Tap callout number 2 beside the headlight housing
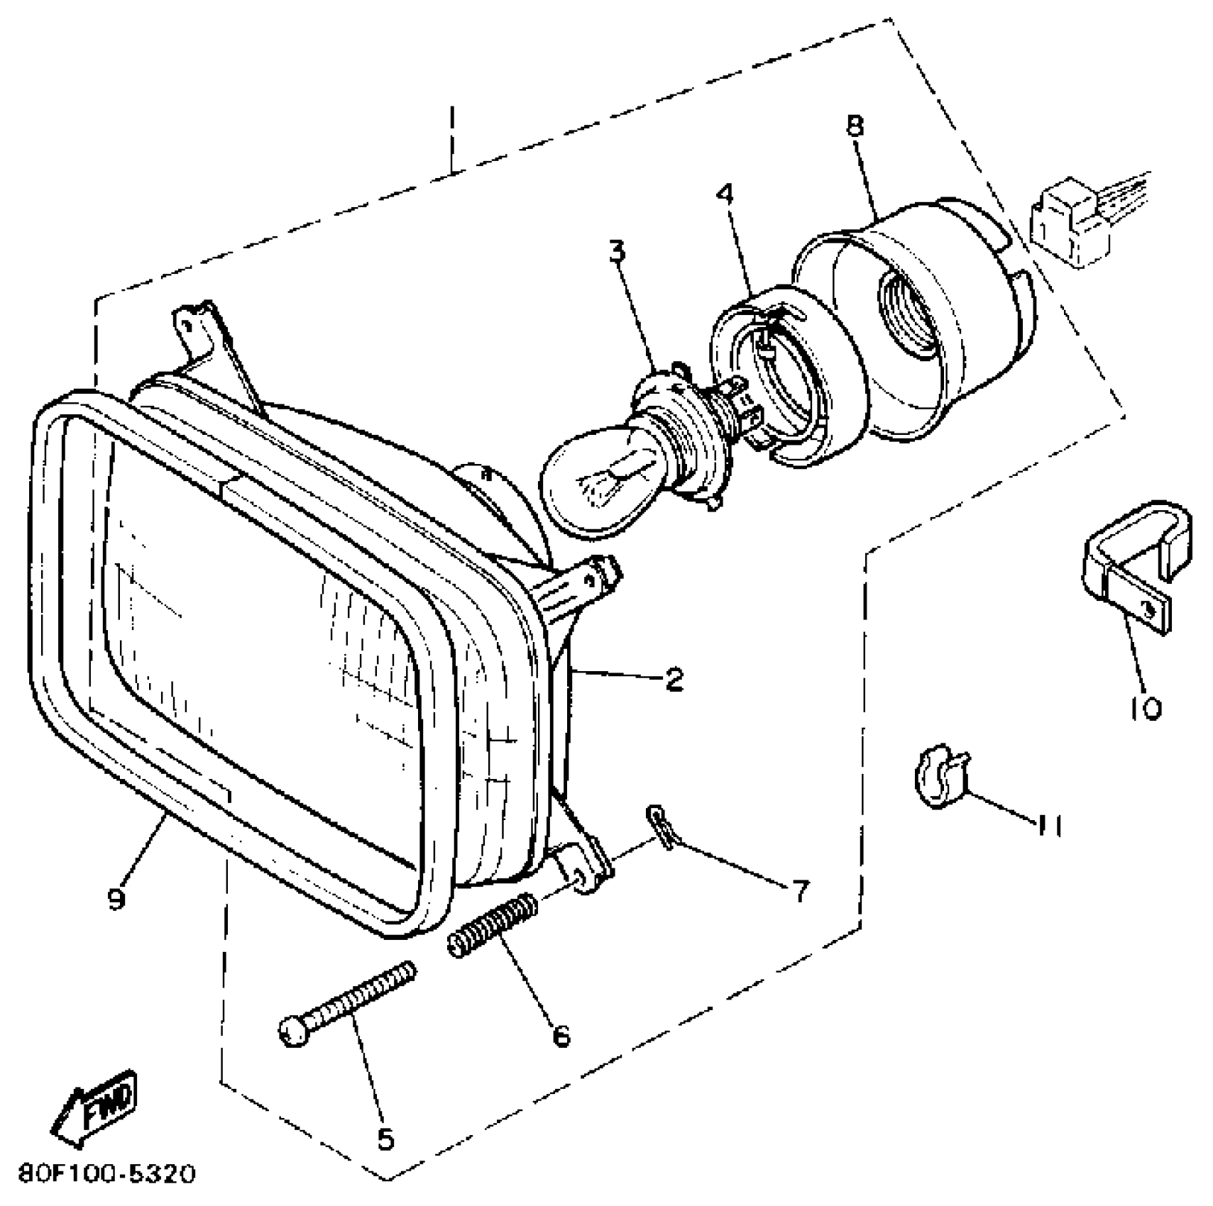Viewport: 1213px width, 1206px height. click(x=673, y=679)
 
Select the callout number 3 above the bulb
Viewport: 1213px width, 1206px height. click(x=618, y=252)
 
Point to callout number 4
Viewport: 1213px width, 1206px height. click(x=725, y=194)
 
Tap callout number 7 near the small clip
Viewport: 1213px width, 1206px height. click(x=801, y=891)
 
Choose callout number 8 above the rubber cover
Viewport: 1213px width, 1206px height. click(x=855, y=126)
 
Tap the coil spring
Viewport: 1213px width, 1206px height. click(x=491, y=928)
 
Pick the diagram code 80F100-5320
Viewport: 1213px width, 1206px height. click(x=106, y=1174)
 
